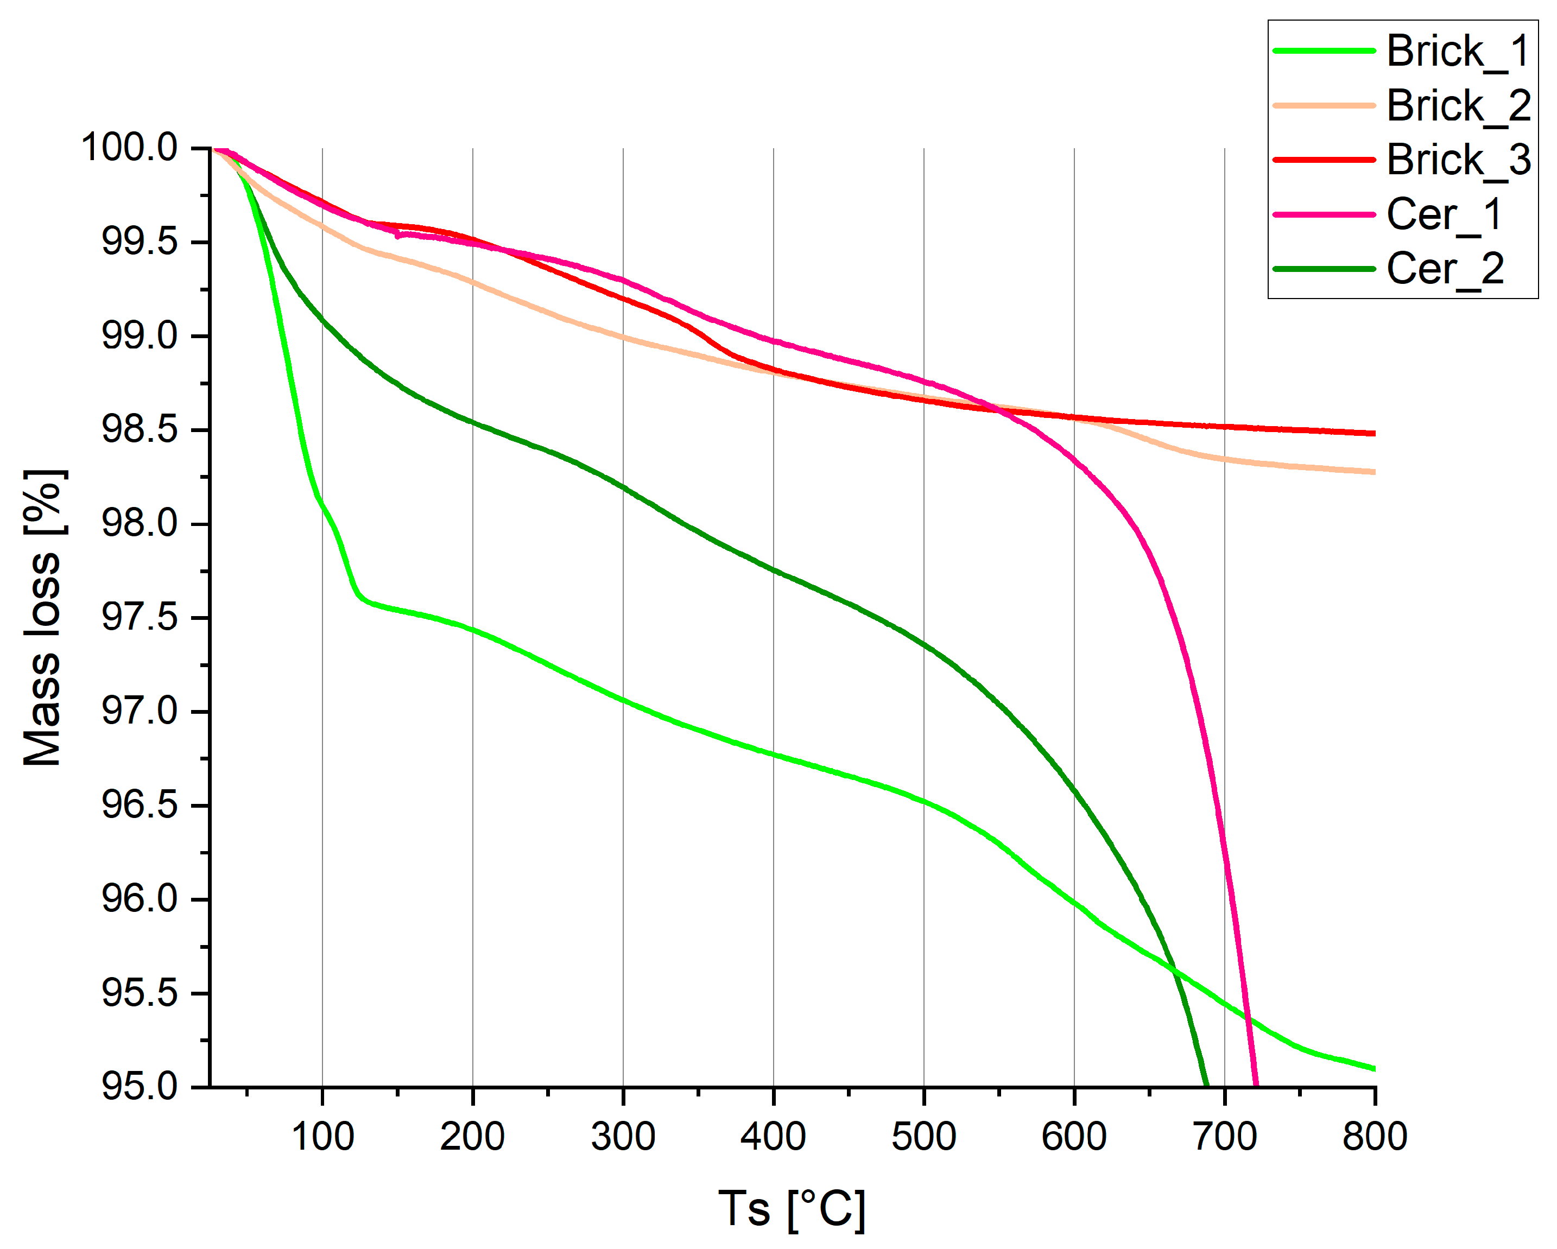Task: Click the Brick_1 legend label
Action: coord(1457,52)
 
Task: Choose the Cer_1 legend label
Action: coord(1444,214)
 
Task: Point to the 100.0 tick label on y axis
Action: coord(129,148)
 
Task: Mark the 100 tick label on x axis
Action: coord(322,1137)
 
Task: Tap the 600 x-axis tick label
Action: coord(1074,1137)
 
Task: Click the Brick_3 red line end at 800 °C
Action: coord(1373,433)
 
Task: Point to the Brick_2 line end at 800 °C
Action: coord(1373,472)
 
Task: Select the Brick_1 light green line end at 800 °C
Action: coord(1373,1068)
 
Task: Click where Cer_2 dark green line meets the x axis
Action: coord(1206,1085)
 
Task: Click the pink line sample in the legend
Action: coord(1324,214)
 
